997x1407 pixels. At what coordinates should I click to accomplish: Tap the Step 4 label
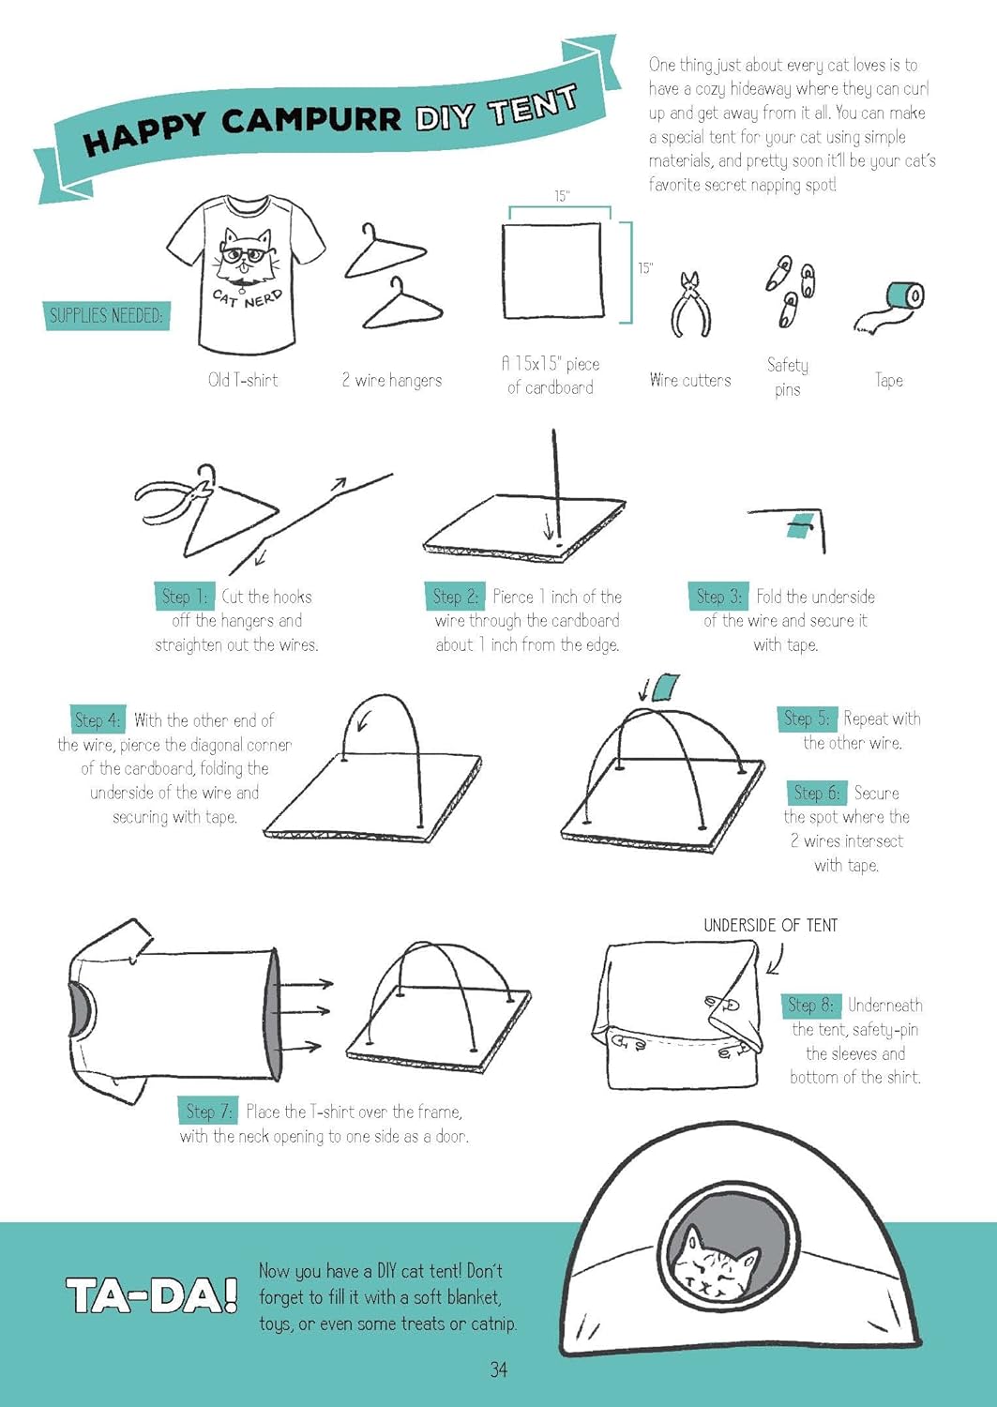(x=98, y=719)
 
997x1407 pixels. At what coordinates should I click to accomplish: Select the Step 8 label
(x=811, y=1005)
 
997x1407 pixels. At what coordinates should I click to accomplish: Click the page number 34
(x=498, y=1369)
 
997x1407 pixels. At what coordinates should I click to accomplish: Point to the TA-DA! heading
(x=151, y=1296)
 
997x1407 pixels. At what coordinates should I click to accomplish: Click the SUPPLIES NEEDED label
(x=105, y=315)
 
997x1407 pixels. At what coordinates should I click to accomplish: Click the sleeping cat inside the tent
(x=710, y=1263)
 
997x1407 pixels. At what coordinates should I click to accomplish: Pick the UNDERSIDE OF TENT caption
(x=770, y=925)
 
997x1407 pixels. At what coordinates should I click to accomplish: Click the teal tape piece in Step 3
(x=798, y=525)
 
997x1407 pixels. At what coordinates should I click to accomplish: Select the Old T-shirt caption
(x=243, y=380)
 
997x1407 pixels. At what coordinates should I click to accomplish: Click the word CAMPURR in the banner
(x=310, y=120)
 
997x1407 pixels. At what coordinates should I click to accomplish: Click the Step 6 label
(x=817, y=793)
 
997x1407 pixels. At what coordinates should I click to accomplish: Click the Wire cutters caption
(x=689, y=380)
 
